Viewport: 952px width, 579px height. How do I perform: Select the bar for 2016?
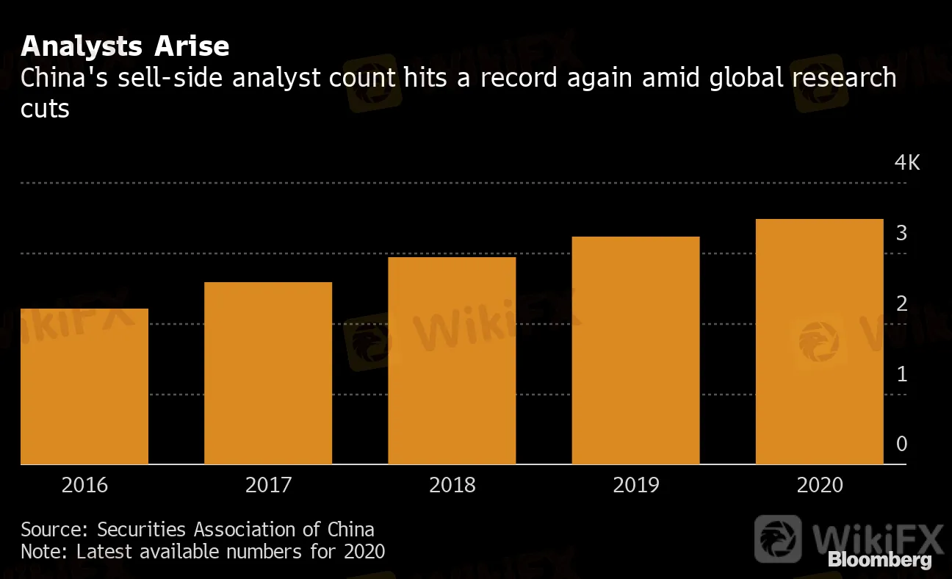(x=84, y=386)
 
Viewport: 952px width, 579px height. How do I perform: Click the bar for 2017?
(x=268, y=373)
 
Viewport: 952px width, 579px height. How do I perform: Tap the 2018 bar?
(x=452, y=361)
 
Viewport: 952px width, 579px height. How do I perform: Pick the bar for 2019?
(x=635, y=350)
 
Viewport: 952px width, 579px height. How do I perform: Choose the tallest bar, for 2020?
(x=819, y=342)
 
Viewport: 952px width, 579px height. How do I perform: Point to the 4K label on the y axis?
(x=906, y=163)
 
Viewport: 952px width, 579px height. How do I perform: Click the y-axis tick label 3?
(x=901, y=234)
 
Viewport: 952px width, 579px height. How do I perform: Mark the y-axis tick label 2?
(x=901, y=304)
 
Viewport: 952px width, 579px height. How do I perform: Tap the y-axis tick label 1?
(x=901, y=375)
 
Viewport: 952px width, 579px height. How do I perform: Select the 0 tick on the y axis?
(x=901, y=445)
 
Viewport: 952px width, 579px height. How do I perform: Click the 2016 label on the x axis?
(x=84, y=485)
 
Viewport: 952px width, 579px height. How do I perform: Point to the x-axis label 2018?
(x=452, y=485)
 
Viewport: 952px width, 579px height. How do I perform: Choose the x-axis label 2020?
(x=819, y=485)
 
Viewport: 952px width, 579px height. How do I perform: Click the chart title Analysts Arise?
(x=125, y=46)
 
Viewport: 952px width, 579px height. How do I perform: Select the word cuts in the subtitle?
(x=45, y=109)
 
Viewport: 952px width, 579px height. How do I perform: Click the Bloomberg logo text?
(x=880, y=560)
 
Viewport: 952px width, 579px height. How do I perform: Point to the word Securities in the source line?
(x=143, y=529)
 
